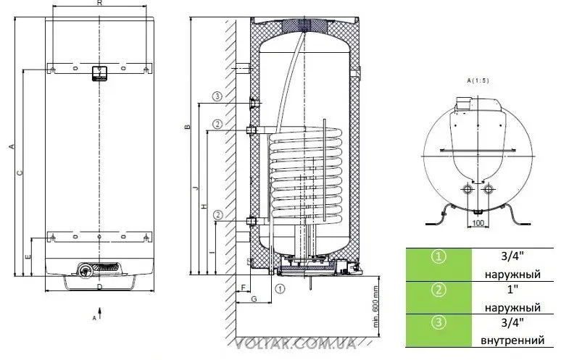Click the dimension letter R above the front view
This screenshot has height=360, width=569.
click(x=100, y=4)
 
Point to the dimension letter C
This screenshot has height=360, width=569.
click(x=20, y=173)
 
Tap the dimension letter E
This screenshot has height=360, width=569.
click(x=28, y=256)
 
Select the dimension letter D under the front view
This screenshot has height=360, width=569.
click(x=100, y=287)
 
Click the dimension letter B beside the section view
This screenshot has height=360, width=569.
click(x=187, y=127)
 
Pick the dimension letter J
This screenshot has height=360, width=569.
click(x=196, y=188)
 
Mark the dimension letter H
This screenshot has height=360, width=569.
click(x=204, y=206)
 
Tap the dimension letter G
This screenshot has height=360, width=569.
click(x=254, y=298)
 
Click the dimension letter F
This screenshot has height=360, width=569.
click(x=244, y=288)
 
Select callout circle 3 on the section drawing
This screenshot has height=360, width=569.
click(x=217, y=96)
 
